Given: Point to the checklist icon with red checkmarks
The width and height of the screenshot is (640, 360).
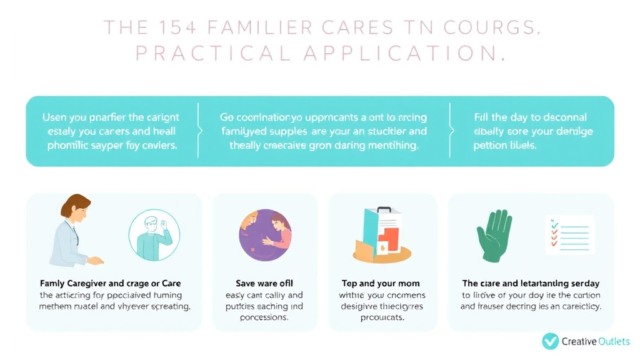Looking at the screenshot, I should pos(569,234).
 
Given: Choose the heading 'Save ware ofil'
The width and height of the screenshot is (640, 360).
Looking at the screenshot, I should pos(264,283).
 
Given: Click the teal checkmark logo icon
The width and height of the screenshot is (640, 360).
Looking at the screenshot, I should pos(550,341).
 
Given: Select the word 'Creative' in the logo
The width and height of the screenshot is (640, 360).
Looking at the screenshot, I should pos(578,341).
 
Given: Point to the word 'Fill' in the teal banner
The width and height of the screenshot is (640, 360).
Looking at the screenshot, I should pos(482,117).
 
